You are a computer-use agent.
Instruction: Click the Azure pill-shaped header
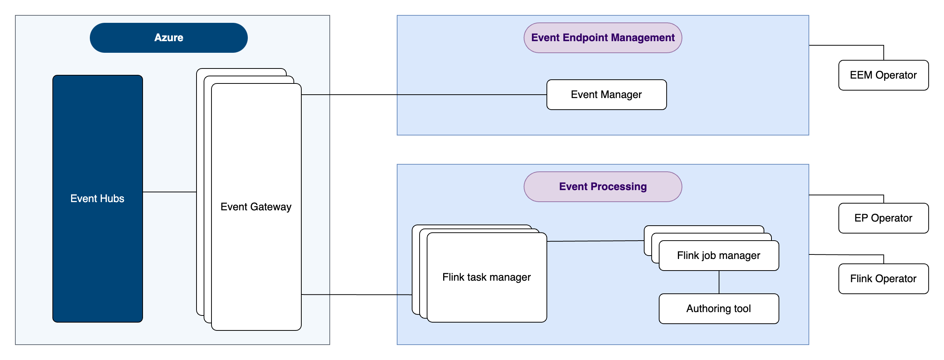pos(168,38)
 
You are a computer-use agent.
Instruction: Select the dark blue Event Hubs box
pos(97,150)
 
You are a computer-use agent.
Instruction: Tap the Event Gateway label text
pos(256,207)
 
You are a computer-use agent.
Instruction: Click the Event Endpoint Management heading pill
pos(603,38)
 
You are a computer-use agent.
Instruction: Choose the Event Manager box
pos(606,95)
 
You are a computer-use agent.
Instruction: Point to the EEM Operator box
pos(883,75)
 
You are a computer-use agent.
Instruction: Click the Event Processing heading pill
pos(603,187)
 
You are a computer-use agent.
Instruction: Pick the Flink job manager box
pos(719,256)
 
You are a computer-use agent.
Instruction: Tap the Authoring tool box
pos(719,309)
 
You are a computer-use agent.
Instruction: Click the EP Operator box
pos(883,218)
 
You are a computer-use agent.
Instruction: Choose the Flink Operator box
pos(883,279)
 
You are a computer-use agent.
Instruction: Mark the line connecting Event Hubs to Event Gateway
pos(169,192)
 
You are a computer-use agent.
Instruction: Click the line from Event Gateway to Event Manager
pos(423,95)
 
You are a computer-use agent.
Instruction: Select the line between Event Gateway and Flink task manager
pos(356,295)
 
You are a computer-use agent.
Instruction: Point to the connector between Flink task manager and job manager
pos(595,241)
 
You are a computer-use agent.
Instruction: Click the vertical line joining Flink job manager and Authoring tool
pos(719,282)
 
